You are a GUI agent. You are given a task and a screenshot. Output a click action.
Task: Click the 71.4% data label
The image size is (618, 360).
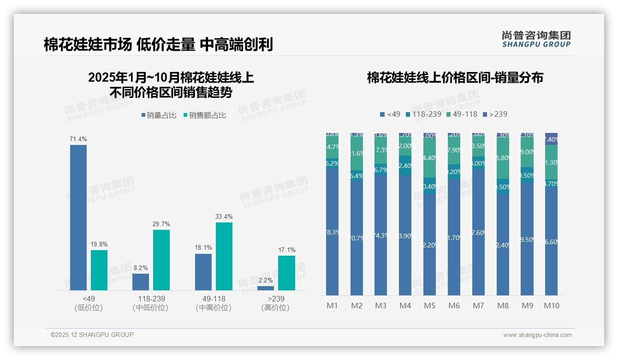click(78, 139)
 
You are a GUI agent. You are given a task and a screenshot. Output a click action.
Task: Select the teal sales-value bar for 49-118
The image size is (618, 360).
click(224, 256)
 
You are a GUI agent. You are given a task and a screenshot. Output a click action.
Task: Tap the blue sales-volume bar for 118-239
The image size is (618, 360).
click(141, 282)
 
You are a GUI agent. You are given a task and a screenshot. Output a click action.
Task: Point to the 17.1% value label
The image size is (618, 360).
click(287, 250)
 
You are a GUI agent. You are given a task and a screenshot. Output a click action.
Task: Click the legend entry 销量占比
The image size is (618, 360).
click(158, 115)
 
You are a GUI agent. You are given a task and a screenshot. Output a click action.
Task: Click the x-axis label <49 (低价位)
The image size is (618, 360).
click(88, 303)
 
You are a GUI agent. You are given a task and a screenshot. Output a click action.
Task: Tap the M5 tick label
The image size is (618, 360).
click(429, 306)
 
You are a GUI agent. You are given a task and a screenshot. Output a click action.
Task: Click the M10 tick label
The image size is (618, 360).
click(551, 306)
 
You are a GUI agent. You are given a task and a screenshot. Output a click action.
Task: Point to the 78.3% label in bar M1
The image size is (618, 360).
click(333, 232)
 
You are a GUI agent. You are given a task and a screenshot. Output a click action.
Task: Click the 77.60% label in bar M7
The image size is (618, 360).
click(478, 233)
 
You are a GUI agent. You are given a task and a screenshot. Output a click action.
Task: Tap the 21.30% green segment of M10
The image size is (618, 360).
click(551, 162)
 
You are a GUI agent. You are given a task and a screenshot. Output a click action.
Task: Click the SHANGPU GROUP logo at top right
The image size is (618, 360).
click(536, 39)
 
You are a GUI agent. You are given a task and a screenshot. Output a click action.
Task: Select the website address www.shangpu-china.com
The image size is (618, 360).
click(537, 335)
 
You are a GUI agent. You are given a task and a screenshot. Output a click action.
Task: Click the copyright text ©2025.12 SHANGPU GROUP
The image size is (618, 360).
click(92, 335)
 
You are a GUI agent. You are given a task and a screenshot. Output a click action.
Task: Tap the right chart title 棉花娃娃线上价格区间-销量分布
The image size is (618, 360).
click(455, 78)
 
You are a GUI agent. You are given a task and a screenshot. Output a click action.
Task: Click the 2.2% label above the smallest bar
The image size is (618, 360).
click(266, 280)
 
